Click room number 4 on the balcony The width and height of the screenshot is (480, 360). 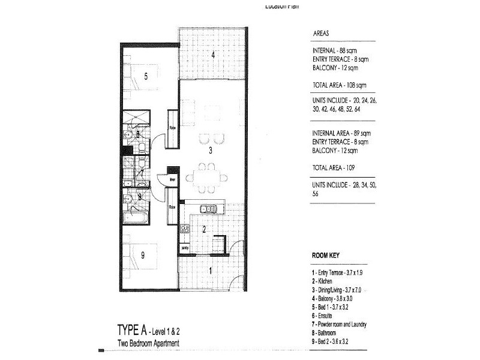click(x=213, y=55)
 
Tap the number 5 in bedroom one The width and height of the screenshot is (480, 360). click(x=146, y=76)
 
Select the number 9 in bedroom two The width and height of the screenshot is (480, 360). click(x=143, y=256)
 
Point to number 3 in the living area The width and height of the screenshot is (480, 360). click(x=210, y=151)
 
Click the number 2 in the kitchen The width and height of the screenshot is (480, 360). click(x=204, y=229)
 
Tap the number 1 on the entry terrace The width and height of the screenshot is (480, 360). click(x=210, y=270)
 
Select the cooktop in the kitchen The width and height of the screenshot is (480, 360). click(x=185, y=229)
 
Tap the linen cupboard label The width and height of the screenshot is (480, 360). click(x=172, y=179)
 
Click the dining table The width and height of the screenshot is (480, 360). click(x=206, y=178)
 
